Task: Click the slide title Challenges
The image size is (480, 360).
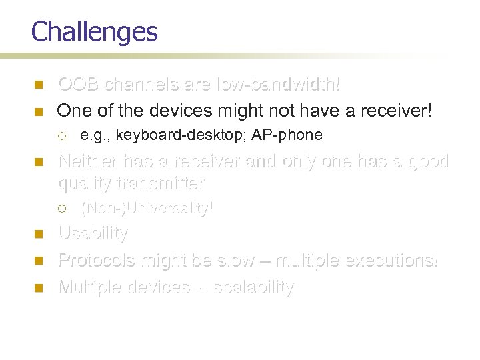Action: [94, 32]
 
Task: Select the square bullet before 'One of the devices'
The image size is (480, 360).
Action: [38, 111]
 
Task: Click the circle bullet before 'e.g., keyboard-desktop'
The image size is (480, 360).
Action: [61, 135]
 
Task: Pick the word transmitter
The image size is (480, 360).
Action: [161, 183]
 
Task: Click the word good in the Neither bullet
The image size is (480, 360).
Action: [428, 161]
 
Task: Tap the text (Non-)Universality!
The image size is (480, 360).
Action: [147, 208]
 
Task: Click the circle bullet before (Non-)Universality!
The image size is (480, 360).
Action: [61, 208]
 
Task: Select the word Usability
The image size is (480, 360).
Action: [93, 233]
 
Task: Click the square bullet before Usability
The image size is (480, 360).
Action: [38, 234]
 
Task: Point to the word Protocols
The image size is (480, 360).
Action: [97, 260]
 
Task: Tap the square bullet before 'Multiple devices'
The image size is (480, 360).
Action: [38, 287]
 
